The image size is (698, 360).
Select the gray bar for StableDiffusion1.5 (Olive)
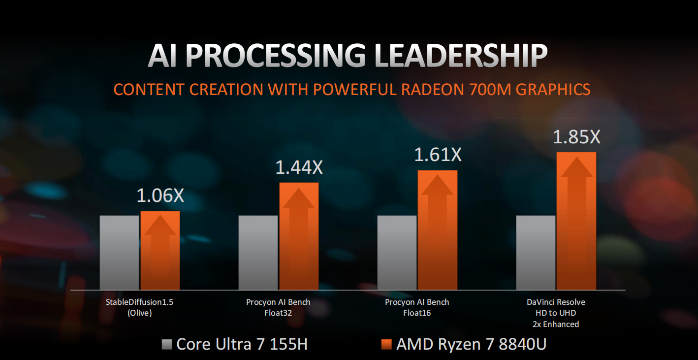click(119, 252)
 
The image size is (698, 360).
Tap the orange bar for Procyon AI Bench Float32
click(299, 236)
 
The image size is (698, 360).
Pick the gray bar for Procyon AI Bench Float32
click(258, 252)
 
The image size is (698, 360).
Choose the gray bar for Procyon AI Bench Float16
click(397, 252)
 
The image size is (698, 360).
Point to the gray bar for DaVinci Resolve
click(536, 252)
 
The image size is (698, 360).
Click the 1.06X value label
click(160, 196)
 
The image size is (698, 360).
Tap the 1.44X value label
click(299, 168)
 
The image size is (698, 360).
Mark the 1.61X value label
click(438, 155)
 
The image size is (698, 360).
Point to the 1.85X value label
click(576, 137)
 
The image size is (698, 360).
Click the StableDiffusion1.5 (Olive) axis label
click(140, 307)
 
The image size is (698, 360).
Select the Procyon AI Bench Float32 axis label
click(279, 307)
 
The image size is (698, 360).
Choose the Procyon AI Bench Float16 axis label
click(417, 307)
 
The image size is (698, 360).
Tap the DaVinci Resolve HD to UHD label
click(556, 313)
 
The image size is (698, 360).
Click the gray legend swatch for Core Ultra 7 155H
click(167, 344)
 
